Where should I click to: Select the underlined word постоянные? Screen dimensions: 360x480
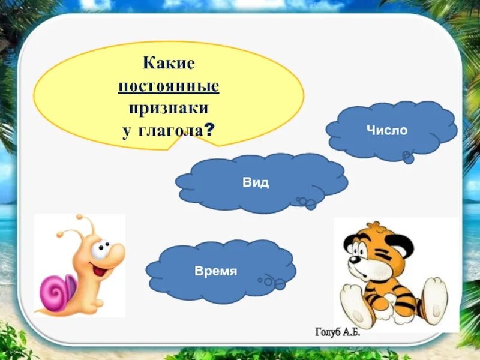[x=169, y=86]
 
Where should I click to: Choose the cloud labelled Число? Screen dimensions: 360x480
[x=391, y=130]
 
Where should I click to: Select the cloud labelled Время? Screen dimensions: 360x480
[x=216, y=271]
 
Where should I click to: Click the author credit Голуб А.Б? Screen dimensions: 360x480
[x=338, y=332]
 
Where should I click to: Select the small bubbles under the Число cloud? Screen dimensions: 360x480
[x=408, y=157]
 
